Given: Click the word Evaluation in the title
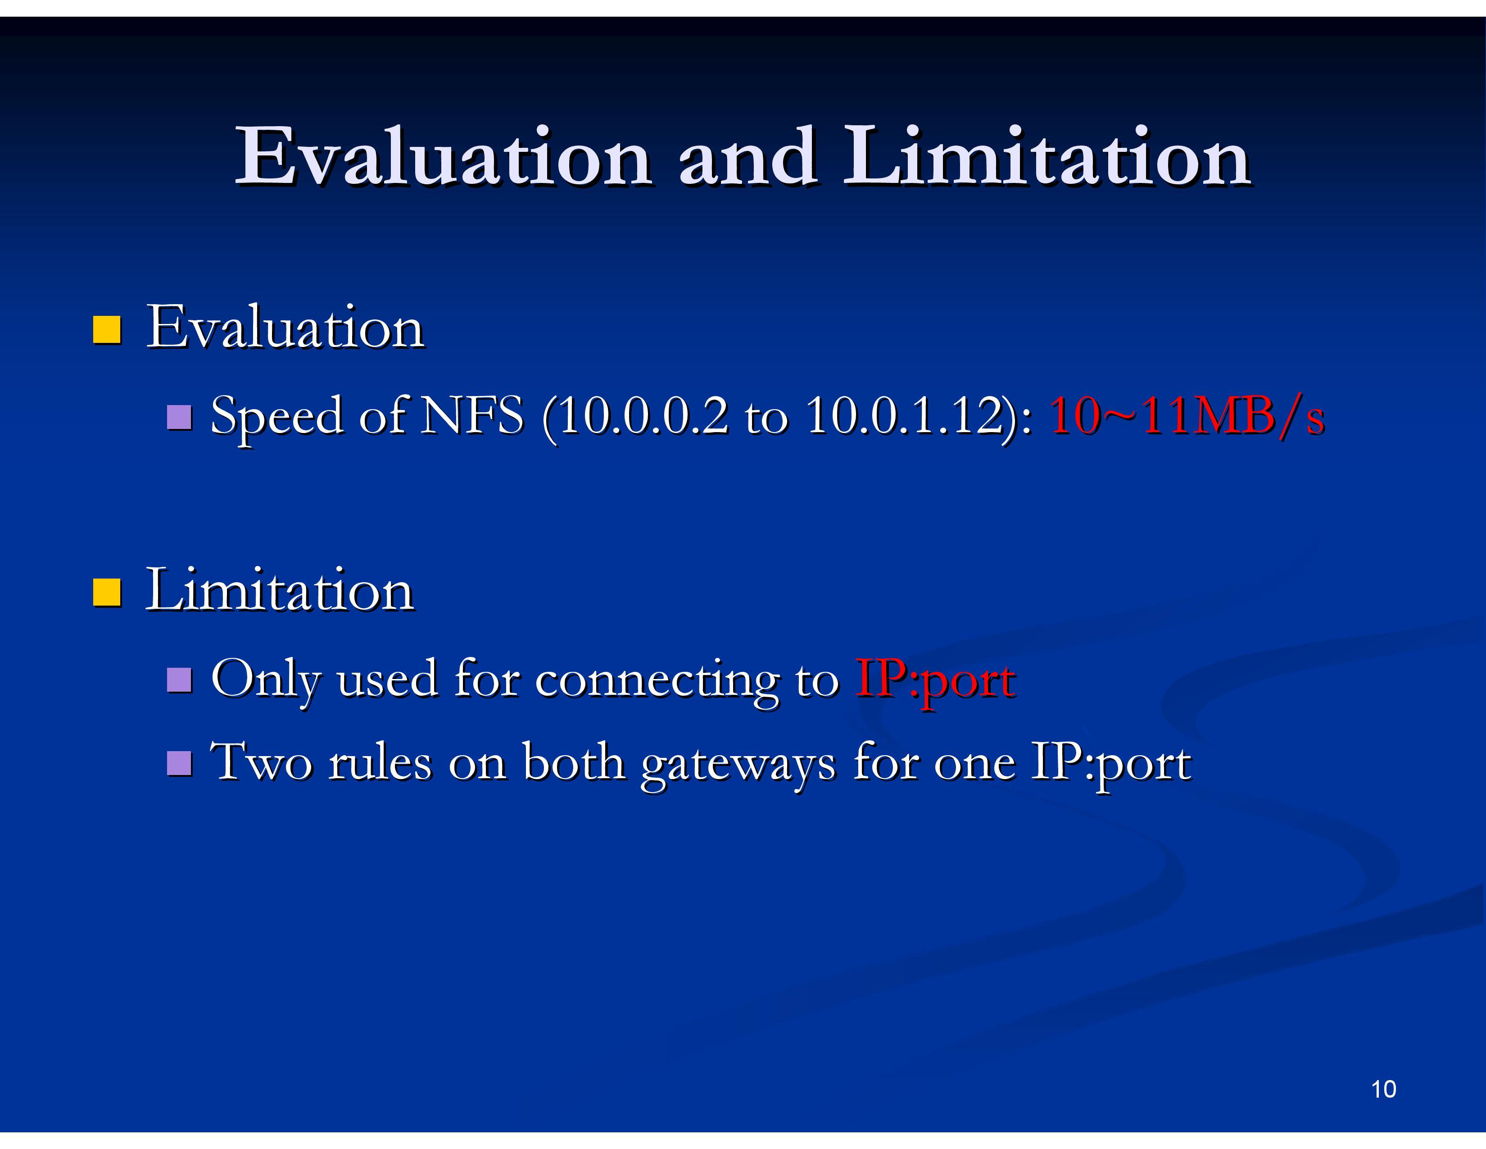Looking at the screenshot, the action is tap(444, 156).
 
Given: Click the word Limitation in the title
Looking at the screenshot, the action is tap(1047, 156).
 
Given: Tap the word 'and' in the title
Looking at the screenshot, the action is tap(748, 156).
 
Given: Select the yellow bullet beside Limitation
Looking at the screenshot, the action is tap(107, 592).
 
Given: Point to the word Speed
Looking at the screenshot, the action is tap(277, 418).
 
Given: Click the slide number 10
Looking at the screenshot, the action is tap(1384, 1089).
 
